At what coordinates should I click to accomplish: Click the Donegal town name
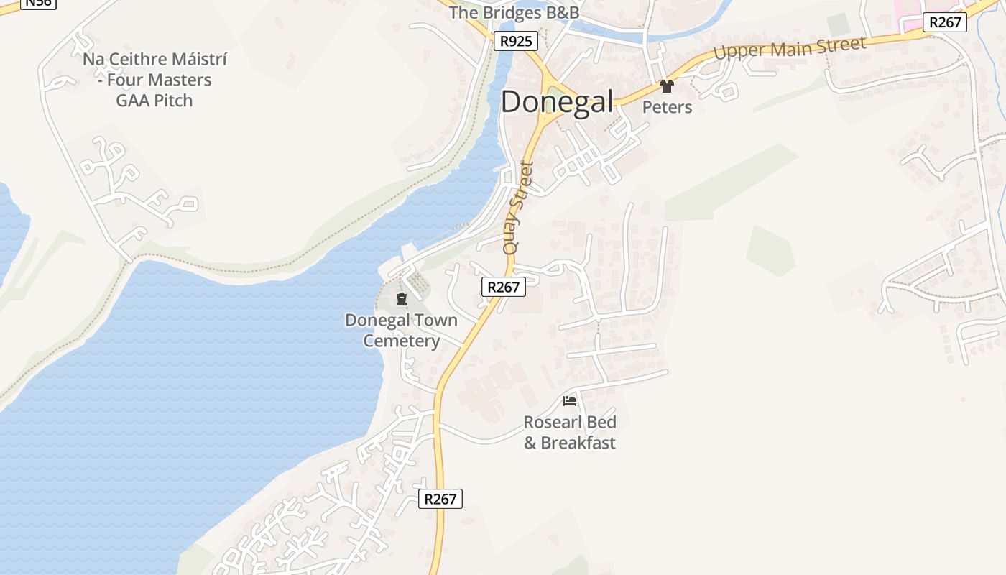(557, 102)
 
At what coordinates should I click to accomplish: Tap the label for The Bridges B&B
(514, 13)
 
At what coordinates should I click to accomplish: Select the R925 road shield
(516, 41)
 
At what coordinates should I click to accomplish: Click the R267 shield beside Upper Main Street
(945, 22)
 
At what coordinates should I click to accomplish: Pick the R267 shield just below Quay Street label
(503, 287)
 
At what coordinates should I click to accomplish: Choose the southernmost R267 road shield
(440, 499)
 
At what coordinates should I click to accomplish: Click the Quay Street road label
(519, 208)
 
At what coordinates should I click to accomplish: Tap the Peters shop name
(667, 107)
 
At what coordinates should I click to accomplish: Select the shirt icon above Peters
(667, 86)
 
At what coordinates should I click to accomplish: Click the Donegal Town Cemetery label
(401, 330)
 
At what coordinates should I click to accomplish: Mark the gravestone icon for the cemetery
(402, 299)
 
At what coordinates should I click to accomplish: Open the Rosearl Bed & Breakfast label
(570, 432)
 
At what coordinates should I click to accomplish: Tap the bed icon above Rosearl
(570, 400)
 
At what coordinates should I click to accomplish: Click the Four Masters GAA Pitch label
(154, 80)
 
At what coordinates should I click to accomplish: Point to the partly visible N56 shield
(37, 3)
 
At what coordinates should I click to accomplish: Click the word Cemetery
(401, 341)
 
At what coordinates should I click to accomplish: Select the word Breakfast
(578, 443)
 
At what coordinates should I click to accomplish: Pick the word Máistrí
(190, 59)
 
